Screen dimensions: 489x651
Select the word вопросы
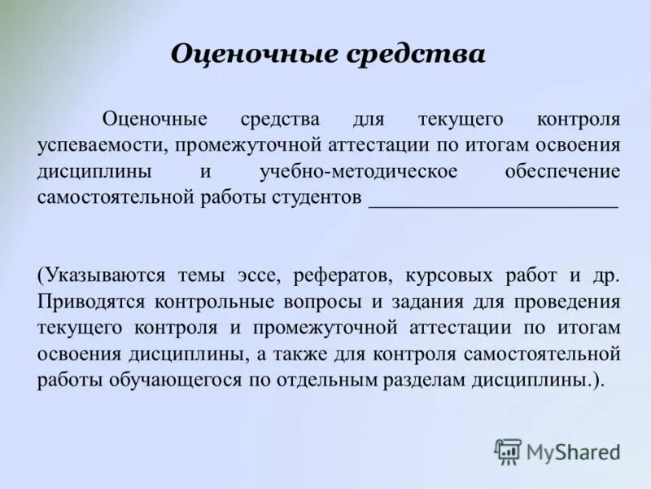(x=325, y=302)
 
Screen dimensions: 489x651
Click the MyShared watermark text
(x=573, y=451)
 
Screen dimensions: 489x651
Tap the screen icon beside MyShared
(x=508, y=451)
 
